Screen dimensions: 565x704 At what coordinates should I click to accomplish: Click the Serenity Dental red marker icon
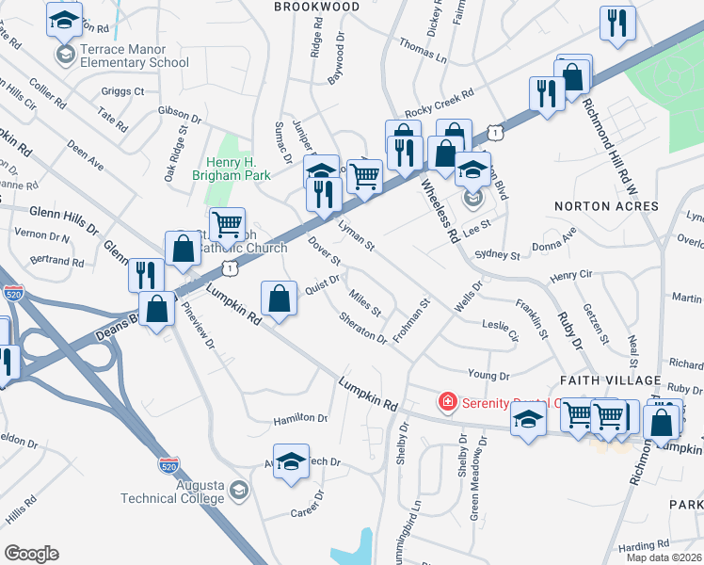click(448, 402)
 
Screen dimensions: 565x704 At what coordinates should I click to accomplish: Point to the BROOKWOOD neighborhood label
click(317, 7)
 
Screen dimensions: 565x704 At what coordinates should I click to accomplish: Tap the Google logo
click(31, 554)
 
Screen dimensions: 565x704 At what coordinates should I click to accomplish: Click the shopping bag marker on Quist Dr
click(280, 299)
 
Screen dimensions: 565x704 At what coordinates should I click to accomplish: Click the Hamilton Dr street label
click(300, 418)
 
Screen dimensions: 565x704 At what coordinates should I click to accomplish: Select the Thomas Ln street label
click(423, 51)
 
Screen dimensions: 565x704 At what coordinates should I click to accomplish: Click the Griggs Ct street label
click(122, 91)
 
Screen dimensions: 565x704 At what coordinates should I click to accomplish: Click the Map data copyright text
click(664, 557)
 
